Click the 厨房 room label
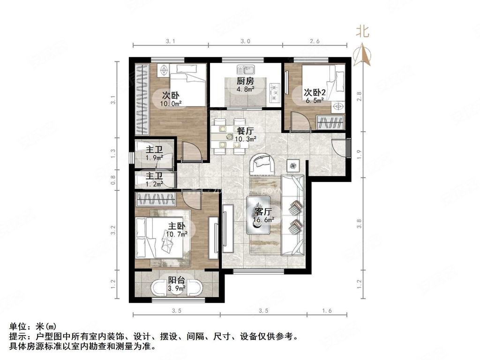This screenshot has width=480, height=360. point(246,81)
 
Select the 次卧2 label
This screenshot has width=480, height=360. point(315,92)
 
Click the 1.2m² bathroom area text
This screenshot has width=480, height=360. point(155,184)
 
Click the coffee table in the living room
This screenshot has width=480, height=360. point(258,214)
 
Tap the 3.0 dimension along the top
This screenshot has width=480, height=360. point(245,42)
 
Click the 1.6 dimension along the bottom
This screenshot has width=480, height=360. point(327,310)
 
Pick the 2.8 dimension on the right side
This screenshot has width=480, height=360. point(359,96)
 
